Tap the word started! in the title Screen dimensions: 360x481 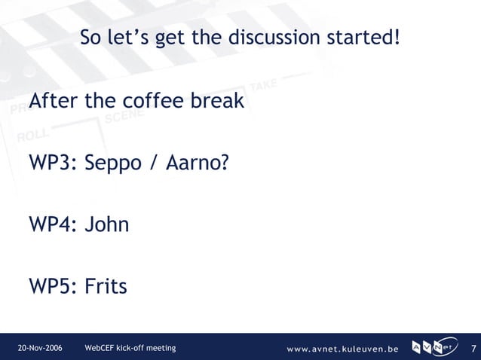pos(364,37)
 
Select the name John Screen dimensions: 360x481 pos(106,224)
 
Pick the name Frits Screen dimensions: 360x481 pos(106,287)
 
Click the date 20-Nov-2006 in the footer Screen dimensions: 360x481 pos(40,348)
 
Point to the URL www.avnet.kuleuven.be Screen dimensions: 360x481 pos(342,349)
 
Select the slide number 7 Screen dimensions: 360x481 pos(473,348)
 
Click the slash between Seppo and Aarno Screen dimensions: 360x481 pos(153,163)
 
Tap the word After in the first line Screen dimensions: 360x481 pos(54,100)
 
